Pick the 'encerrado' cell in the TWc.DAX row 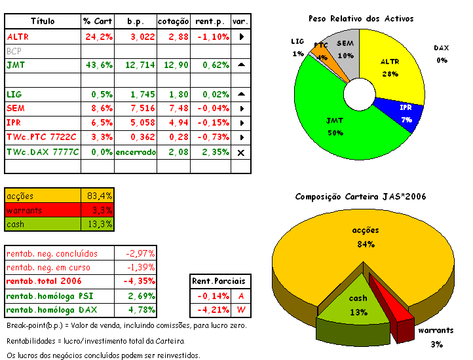pos(136,152)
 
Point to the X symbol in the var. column pos(241,152)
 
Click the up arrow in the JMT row pos(241,65)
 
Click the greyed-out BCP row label pos(14,51)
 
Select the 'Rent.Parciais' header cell pos(219,281)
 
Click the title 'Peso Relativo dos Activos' pos(360,19)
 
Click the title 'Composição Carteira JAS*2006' pos(361,196)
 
